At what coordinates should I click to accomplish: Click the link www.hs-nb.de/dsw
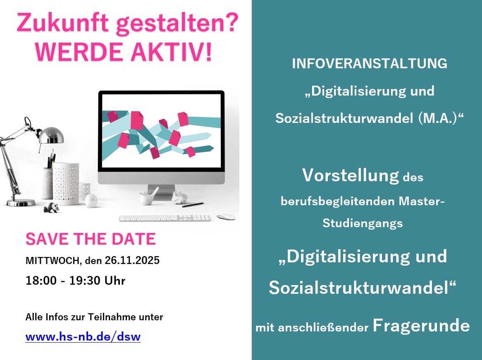point(83,336)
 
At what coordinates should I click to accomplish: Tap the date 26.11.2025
point(132,260)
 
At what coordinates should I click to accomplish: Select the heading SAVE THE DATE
point(91,239)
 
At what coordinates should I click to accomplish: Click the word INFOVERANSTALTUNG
point(370,63)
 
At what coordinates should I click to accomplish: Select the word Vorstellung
point(351,175)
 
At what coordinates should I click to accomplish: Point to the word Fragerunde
point(421,326)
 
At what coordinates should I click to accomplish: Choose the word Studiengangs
point(363,223)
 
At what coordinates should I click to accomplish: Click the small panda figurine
point(51,207)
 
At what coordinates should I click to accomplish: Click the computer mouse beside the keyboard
point(226,217)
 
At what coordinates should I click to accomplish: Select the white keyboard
point(165,218)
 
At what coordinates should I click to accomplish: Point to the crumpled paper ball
point(179,197)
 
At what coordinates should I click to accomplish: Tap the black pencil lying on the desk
point(193,205)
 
